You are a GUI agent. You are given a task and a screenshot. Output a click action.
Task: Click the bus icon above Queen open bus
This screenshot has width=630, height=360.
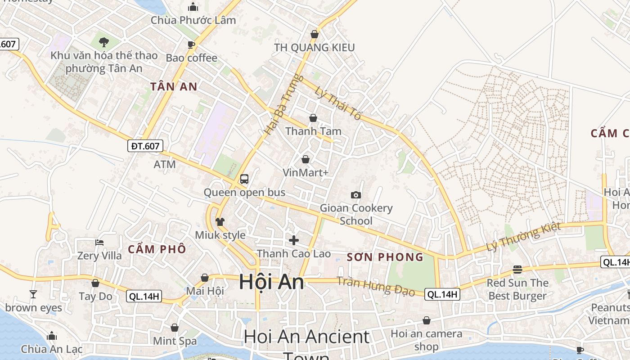click(x=244, y=179)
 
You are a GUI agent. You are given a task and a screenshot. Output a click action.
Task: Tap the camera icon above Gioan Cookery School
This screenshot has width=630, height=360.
click(x=356, y=195)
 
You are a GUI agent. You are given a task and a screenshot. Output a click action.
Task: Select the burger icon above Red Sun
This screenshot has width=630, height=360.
click(x=517, y=270)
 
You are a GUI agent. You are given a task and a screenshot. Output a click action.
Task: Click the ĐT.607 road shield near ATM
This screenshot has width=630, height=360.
click(x=145, y=146)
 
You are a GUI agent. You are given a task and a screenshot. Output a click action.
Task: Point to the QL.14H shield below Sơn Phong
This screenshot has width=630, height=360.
click(x=443, y=294)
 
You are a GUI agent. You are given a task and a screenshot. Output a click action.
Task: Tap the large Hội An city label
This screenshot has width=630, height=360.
click(x=271, y=282)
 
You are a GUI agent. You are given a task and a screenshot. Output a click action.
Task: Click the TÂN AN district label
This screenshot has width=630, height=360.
click(x=174, y=86)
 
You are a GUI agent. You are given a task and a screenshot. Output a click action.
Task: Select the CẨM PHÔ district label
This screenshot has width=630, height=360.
click(x=157, y=249)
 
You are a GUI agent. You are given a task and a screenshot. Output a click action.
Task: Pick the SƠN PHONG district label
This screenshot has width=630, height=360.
click(x=385, y=257)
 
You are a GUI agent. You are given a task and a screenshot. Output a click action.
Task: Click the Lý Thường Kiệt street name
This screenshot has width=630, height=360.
click(x=523, y=237)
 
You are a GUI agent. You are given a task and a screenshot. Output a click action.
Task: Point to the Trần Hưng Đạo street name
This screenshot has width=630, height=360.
click(x=376, y=286)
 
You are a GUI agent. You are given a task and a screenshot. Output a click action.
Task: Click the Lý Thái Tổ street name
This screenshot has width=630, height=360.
click(x=338, y=103)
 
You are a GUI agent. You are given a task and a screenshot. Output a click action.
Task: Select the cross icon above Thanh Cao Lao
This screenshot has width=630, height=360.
click(x=294, y=240)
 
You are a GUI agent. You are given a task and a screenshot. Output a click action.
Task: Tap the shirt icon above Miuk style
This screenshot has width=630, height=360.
click(x=220, y=221)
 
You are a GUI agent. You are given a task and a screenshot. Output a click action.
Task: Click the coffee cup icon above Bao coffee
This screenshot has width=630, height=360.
click(x=191, y=44)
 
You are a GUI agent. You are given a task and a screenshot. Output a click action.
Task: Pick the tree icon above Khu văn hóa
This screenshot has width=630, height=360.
click(x=104, y=42)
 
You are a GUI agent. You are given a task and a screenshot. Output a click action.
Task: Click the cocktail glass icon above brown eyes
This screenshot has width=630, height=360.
click(x=33, y=294)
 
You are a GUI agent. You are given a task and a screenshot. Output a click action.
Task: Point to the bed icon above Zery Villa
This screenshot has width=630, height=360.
click(x=99, y=242)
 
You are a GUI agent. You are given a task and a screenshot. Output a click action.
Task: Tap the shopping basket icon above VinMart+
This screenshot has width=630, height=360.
click(x=306, y=159)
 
